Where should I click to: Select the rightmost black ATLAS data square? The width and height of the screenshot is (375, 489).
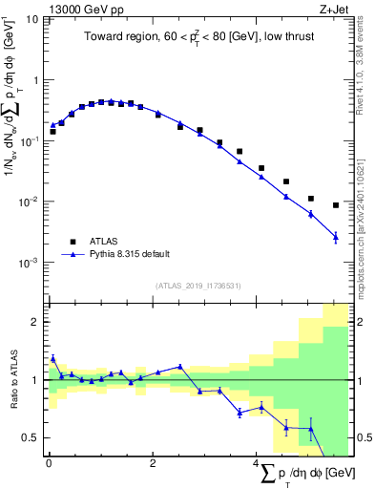tap(336, 205)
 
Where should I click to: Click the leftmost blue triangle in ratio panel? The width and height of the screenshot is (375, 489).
tap(52, 359)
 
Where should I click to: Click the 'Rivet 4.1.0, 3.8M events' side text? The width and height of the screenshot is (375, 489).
tap(366, 67)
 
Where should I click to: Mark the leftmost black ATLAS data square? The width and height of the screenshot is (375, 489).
tap(52, 131)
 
